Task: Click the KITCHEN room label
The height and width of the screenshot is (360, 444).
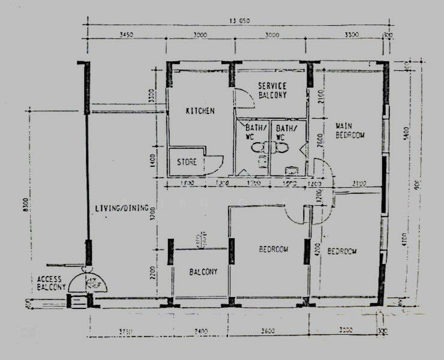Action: coord(200,111)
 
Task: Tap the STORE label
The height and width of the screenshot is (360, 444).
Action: coord(187,162)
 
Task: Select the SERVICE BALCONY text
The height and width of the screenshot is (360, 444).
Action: coord(272,91)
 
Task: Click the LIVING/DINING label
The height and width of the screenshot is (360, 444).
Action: coord(121,209)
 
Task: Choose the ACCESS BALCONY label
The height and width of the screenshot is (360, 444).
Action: coord(51,283)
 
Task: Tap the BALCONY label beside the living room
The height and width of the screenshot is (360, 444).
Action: coord(203,272)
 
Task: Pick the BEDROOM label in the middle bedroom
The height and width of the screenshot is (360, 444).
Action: coord(274,249)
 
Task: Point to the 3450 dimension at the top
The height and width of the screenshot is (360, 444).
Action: coord(126,35)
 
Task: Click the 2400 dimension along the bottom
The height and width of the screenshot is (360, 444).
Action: coord(199,331)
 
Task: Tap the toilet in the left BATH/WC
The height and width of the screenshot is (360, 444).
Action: coord(257,148)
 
